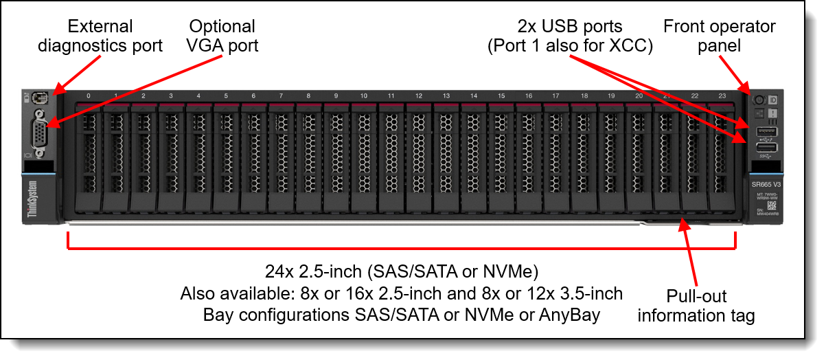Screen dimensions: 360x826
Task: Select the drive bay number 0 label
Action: (88, 96)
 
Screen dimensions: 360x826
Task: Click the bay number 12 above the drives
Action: (418, 96)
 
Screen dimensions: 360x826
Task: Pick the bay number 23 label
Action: (722, 96)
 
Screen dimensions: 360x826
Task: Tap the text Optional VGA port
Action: (222, 36)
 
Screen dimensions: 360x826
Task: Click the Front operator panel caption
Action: (719, 36)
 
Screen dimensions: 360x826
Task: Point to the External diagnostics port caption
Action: (100, 36)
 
